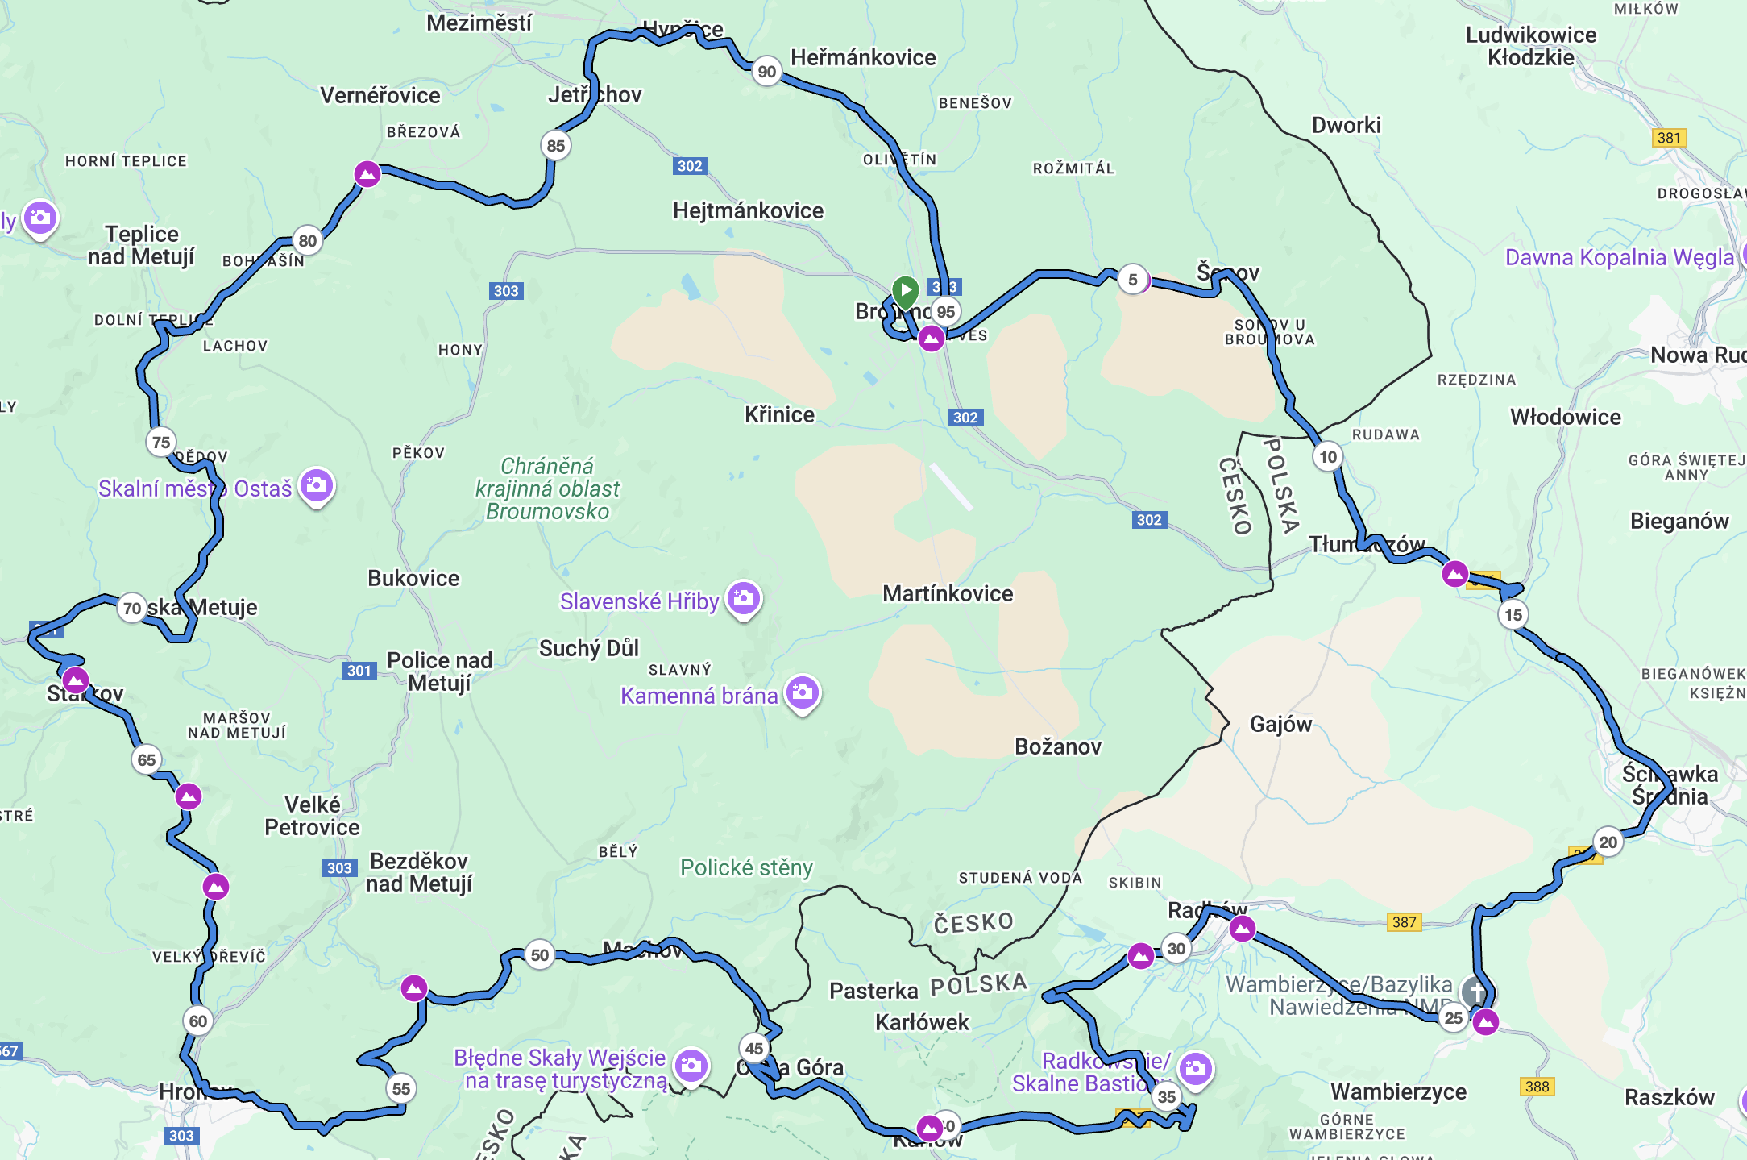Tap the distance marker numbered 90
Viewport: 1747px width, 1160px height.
click(766, 72)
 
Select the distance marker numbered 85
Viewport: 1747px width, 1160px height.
click(555, 146)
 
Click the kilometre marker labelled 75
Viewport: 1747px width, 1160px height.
click(161, 442)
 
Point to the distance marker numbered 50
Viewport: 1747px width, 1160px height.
click(539, 955)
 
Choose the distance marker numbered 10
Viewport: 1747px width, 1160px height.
click(1327, 457)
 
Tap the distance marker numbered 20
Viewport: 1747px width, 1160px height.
click(1608, 842)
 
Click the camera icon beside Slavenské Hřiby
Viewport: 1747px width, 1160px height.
click(744, 598)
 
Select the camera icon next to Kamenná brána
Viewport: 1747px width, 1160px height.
click(803, 692)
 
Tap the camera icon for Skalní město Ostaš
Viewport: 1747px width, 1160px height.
click(317, 485)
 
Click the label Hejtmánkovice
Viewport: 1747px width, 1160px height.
click(748, 211)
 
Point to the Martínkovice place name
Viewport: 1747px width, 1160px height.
click(947, 594)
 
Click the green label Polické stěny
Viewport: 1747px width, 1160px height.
click(746, 868)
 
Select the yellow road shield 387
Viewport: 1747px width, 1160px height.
click(1404, 921)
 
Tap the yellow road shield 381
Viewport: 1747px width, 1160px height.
click(1668, 138)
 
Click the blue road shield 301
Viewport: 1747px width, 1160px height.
click(359, 671)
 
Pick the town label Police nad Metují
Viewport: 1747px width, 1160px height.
click(439, 671)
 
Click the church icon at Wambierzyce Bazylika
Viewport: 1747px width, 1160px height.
click(1475, 991)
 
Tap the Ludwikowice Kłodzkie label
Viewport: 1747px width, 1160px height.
click(1530, 46)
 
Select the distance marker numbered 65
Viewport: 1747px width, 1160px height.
click(146, 759)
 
